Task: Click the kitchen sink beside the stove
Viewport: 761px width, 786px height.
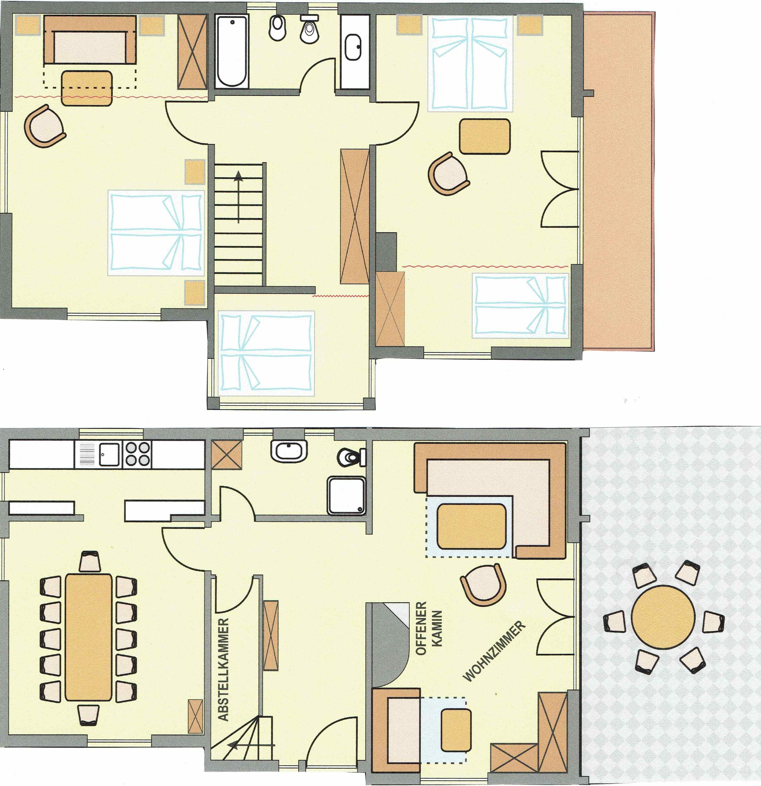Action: pyautogui.click(x=109, y=454)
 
